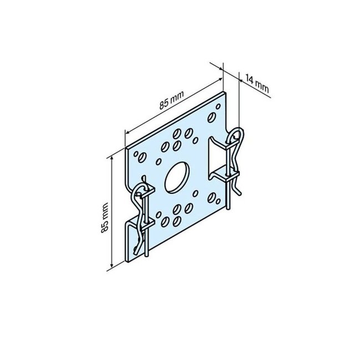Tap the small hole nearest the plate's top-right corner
(x=211, y=117)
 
